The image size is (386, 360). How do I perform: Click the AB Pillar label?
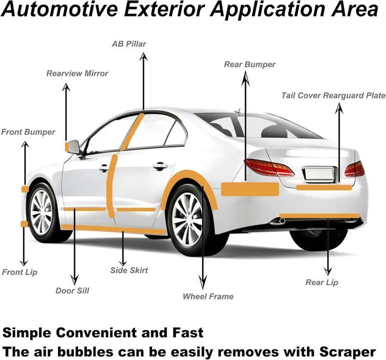click(x=129, y=44)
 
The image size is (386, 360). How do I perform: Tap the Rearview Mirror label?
click(x=77, y=74)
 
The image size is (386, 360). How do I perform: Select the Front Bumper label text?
click(x=28, y=132)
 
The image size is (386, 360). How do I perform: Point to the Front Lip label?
click(x=20, y=272)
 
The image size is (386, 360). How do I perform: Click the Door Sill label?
click(x=72, y=291)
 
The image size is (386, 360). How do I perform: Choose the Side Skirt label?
click(x=129, y=270)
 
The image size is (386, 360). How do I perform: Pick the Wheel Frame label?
click(x=208, y=296)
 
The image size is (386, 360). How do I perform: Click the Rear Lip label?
click(x=322, y=282)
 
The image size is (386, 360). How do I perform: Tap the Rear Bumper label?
click(x=249, y=65)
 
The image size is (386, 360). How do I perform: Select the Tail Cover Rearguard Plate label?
click(x=333, y=95)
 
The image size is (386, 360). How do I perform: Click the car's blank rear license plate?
click(x=319, y=174)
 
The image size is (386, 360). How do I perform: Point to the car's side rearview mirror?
click(x=74, y=147)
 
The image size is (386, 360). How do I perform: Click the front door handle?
click(x=104, y=168)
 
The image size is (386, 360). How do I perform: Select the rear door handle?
click(x=160, y=166)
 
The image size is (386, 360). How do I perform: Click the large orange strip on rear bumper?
click(x=250, y=189)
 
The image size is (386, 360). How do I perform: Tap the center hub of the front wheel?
click(x=41, y=212)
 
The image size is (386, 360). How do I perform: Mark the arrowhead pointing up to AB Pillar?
click(x=143, y=56)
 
